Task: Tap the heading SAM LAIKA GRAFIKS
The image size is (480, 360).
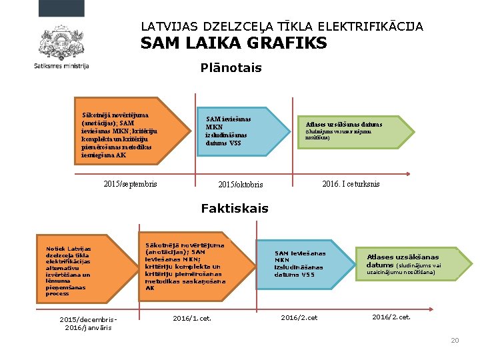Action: click(233, 44)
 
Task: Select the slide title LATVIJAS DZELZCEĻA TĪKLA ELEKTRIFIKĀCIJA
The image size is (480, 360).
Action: click(282, 27)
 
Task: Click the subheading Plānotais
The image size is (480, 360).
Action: click(231, 68)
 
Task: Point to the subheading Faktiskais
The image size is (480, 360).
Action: click(235, 209)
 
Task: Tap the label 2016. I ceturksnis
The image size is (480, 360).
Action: click(351, 184)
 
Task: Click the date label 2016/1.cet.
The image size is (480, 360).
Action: click(192, 318)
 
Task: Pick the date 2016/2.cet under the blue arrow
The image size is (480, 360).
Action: click(299, 318)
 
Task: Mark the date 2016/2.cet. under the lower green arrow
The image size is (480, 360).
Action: click(391, 317)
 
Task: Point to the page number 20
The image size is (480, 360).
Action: click(455, 341)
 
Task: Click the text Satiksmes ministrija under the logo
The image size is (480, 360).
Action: click(61, 66)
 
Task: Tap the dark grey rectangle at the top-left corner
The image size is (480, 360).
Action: click(61, 8)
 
